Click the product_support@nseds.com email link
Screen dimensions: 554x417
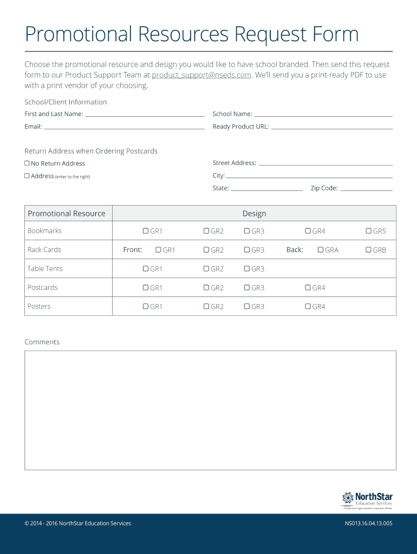pyautogui.click(x=201, y=75)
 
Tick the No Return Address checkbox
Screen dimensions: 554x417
pyautogui.click(x=27, y=163)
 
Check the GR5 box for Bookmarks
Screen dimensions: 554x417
pyautogui.click(x=369, y=231)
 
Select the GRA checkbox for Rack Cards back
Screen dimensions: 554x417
pyautogui.click(x=321, y=250)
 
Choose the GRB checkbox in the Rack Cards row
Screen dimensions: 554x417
pyautogui.click(x=369, y=250)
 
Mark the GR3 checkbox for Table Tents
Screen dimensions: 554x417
pyautogui.click(x=247, y=269)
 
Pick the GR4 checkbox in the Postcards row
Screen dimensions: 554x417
pyautogui.click(x=308, y=288)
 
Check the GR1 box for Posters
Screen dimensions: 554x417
pyautogui.click(x=146, y=307)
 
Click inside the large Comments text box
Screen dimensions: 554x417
pyautogui.click(x=210, y=410)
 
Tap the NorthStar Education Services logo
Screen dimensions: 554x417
pyautogui.click(x=367, y=500)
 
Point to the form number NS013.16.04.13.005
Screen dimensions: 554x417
pyautogui.click(x=368, y=523)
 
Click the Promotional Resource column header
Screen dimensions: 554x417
pyautogui.click(x=67, y=214)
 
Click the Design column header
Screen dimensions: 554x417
pyautogui.click(x=254, y=214)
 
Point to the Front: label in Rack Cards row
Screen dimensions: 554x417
pyautogui.click(x=133, y=250)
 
